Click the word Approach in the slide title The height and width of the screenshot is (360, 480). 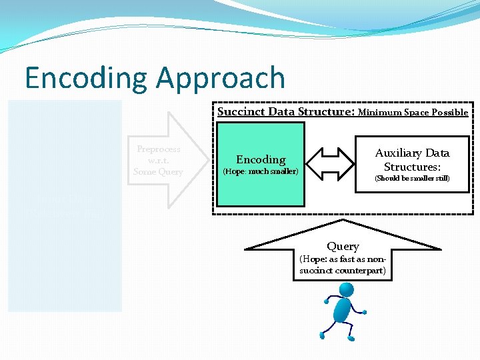(x=221, y=79)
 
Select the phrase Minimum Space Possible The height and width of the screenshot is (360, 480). (x=413, y=112)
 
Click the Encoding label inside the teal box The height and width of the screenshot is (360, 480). (x=261, y=159)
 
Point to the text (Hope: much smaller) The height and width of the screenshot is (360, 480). (x=259, y=172)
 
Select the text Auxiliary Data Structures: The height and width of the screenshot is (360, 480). (x=412, y=160)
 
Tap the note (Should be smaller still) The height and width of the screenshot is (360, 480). (x=412, y=179)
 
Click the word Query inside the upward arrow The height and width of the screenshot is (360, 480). (x=343, y=247)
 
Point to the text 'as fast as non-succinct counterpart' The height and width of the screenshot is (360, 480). (x=343, y=265)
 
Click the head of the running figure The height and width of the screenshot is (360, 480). (x=346, y=291)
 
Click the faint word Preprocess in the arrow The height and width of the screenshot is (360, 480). (x=158, y=149)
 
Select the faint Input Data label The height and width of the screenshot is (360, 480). (x=64, y=200)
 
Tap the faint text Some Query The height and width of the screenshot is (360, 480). (x=158, y=171)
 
